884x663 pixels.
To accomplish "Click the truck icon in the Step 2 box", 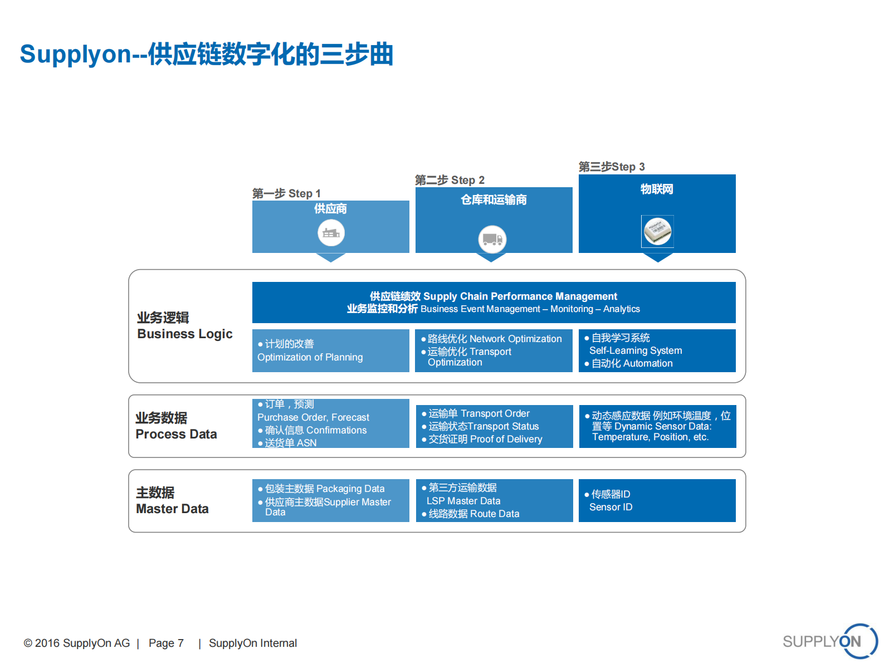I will [x=492, y=240].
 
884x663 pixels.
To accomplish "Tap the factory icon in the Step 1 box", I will [x=331, y=233].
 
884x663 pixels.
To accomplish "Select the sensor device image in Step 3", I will [x=657, y=231].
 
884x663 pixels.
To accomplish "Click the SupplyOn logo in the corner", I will [x=829, y=641].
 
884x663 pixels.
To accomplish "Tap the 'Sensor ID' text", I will [x=611, y=507].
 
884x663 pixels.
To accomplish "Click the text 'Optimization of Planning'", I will [x=310, y=357].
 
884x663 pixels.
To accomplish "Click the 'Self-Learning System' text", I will [x=635, y=350].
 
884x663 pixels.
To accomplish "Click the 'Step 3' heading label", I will [x=612, y=167].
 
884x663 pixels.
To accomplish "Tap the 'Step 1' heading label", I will [x=286, y=193].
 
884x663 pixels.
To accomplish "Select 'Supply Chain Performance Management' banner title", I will [x=494, y=296].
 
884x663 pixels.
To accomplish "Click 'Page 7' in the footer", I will [x=166, y=643].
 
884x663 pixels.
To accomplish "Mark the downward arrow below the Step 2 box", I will [x=491, y=257].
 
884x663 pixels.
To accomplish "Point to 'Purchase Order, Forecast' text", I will [x=313, y=417].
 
